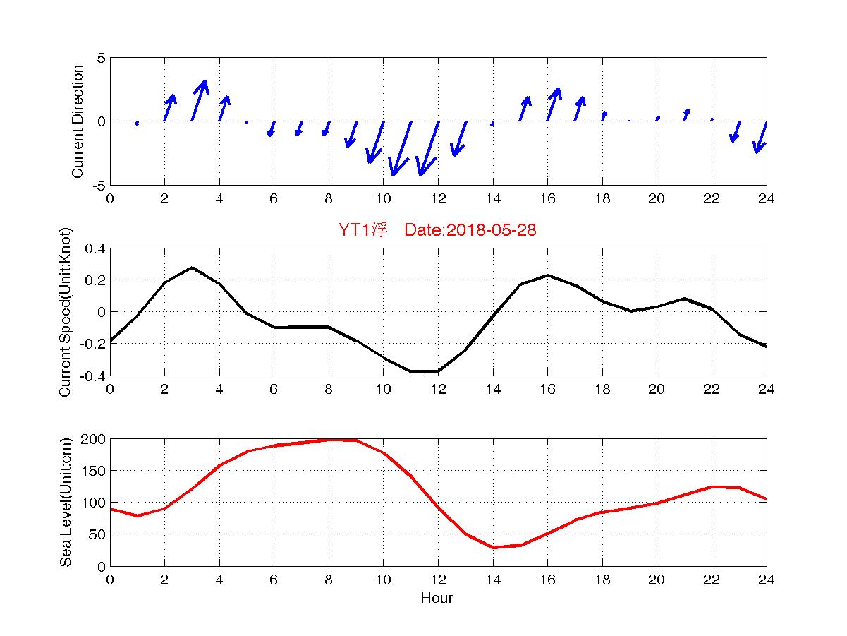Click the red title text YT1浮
362,231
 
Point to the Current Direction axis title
78,121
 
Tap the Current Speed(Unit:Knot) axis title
66,311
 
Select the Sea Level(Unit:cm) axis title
66,502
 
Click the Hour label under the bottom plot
437,599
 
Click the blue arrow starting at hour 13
459,138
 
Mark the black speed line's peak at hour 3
192,268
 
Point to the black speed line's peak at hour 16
547,275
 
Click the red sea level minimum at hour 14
494,548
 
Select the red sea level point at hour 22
712,487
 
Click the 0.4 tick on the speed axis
95,248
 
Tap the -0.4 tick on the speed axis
92,376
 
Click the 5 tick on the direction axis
101,58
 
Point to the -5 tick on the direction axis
99,185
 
